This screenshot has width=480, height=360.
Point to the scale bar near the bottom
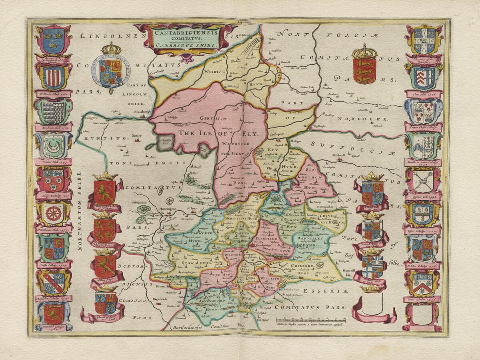(311, 320)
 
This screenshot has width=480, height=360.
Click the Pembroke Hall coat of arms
(53, 112)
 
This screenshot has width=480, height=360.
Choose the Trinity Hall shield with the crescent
(53, 146)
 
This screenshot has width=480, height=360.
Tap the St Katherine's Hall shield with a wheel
(53, 214)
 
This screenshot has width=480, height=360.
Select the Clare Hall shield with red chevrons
(424, 78)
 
